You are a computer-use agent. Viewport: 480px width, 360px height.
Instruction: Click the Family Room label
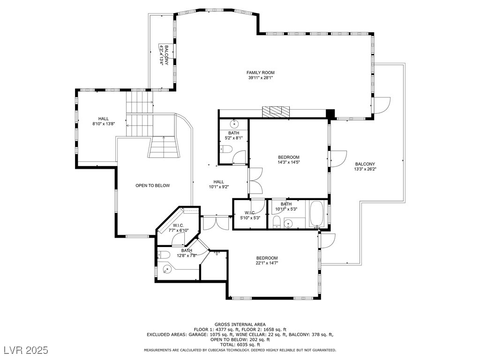[x=261, y=73]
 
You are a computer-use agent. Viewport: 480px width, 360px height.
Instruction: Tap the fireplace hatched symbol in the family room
[x=276, y=112]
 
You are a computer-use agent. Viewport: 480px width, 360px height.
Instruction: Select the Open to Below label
[x=152, y=186]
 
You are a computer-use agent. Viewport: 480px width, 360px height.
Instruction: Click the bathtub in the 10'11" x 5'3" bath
[x=317, y=214]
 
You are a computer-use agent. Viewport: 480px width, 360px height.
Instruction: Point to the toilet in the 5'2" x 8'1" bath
[x=226, y=150]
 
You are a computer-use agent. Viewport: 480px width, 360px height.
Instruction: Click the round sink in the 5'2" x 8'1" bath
[x=234, y=124]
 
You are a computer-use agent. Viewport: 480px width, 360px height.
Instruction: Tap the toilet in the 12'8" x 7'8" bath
[x=164, y=255]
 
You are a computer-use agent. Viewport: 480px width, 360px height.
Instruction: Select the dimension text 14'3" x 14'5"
[x=289, y=162]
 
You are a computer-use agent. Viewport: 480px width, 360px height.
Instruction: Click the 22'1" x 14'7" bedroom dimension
[x=267, y=263]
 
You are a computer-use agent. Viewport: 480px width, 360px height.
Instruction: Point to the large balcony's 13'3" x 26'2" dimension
[x=365, y=169]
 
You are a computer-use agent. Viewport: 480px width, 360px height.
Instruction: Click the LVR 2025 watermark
[x=26, y=350]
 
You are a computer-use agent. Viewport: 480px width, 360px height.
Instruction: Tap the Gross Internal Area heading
[x=240, y=324]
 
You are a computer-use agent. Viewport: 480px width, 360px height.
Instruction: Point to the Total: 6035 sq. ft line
[x=240, y=345]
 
